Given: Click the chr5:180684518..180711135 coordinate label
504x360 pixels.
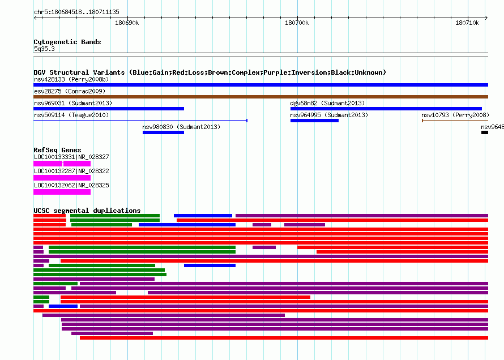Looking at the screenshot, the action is pyautogui.click(x=76, y=12).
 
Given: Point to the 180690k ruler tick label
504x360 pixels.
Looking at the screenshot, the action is pyautogui.click(x=127, y=23).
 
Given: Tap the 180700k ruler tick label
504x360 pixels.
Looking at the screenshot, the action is pyautogui.click(x=297, y=23).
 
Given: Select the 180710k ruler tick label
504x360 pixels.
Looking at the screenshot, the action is pyautogui.click(x=467, y=23).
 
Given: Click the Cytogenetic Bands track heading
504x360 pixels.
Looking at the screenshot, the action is pyautogui.click(x=67, y=42).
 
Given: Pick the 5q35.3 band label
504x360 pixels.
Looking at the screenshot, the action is pyautogui.click(x=44, y=49).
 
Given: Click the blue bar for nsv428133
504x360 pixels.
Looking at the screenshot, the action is pyautogui.click(x=260, y=85).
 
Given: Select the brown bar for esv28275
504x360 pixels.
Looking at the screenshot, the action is pyautogui.click(x=260, y=97).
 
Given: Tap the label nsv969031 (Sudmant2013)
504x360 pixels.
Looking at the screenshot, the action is pyautogui.click(x=73, y=103).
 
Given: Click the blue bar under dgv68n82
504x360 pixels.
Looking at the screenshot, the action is pyautogui.click(x=386, y=109).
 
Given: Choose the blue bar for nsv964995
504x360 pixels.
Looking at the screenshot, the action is pyautogui.click(x=314, y=121).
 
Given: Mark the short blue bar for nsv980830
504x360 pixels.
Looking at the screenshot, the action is pyautogui.click(x=163, y=132).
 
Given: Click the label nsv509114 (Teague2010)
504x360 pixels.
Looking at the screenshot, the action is pyautogui.click(x=71, y=115).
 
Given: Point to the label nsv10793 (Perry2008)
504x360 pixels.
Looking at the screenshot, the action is pyautogui.click(x=455, y=115).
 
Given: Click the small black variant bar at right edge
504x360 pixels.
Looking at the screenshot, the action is pyautogui.click(x=485, y=132).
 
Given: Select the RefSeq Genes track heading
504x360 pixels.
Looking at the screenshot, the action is pyautogui.click(x=57, y=150).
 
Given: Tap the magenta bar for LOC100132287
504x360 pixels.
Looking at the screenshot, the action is pyautogui.click(x=62, y=178).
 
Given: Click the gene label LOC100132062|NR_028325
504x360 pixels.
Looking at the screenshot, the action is pyautogui.click(x=71, y=185).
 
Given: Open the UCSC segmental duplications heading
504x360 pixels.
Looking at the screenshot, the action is pyautogui.click(x=87, y=211).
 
